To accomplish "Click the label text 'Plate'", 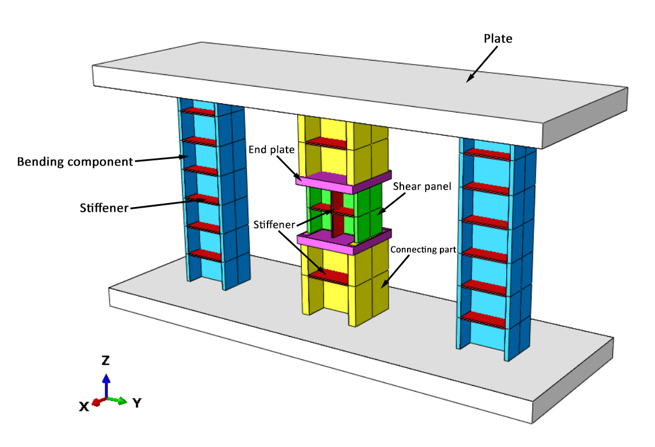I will (498, 39).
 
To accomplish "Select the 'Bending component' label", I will (76, 161).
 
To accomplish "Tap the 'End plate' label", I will (272, 149).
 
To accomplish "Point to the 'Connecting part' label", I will (423, 250).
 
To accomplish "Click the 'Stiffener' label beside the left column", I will (104, 207).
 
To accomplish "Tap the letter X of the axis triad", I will (84, 407).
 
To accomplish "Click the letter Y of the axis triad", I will (137, 403).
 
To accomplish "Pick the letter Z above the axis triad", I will (106, 360).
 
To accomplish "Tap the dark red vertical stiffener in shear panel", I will (337, 215).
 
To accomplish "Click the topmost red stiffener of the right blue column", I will (487, 152).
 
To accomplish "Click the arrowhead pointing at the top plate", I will (470, 78).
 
